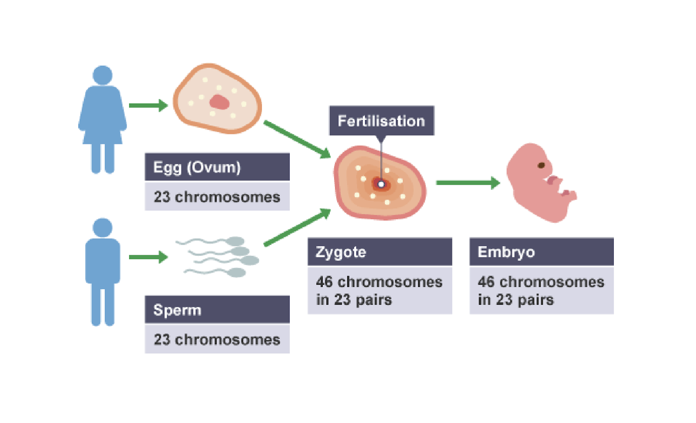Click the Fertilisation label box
pyautogui.click(x=381, y=120)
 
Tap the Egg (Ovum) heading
pyautogui.click(x=197, y=167)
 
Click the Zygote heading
pyautogui.click(x=341, y=252)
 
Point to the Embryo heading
pyautogui.click(x=506, y=252)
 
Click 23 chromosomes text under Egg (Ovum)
pyautogui.click(x=217, y=197)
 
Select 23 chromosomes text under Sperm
pyautogui.click(x=217, y=340)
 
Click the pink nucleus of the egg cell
pyautogui.click(x=219, y=103)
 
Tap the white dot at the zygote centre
pyautogui.click(x=381, y=184)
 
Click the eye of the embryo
pyautogui.click(x=541, y=165)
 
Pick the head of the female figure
pyautogui.click(x=103, y=75)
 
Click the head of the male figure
pyautogui.click(x=103, y=228)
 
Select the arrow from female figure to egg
pyautogui.click(x=148, y=105)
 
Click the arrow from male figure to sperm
pyautogui.click(x=148, y=257)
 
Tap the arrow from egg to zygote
pyautogui.click(x=297, y=139)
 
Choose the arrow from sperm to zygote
pyautogui.click(x=297, y=227)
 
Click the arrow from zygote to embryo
pyautogui.click(x=468, y=183)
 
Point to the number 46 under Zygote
pyautogui.click(x=325, y=282)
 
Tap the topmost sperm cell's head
pyautogui.click(x=235, y=241)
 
